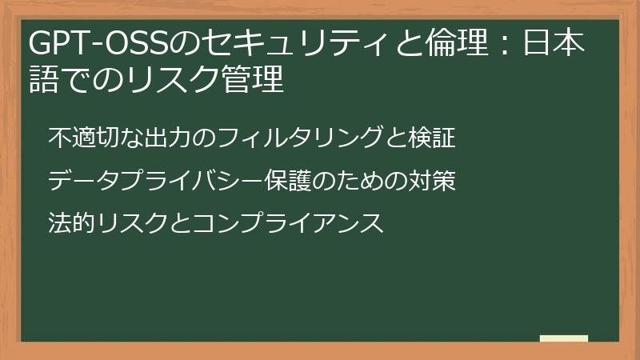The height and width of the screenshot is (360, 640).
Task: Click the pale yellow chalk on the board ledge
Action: [x=564, y=338]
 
